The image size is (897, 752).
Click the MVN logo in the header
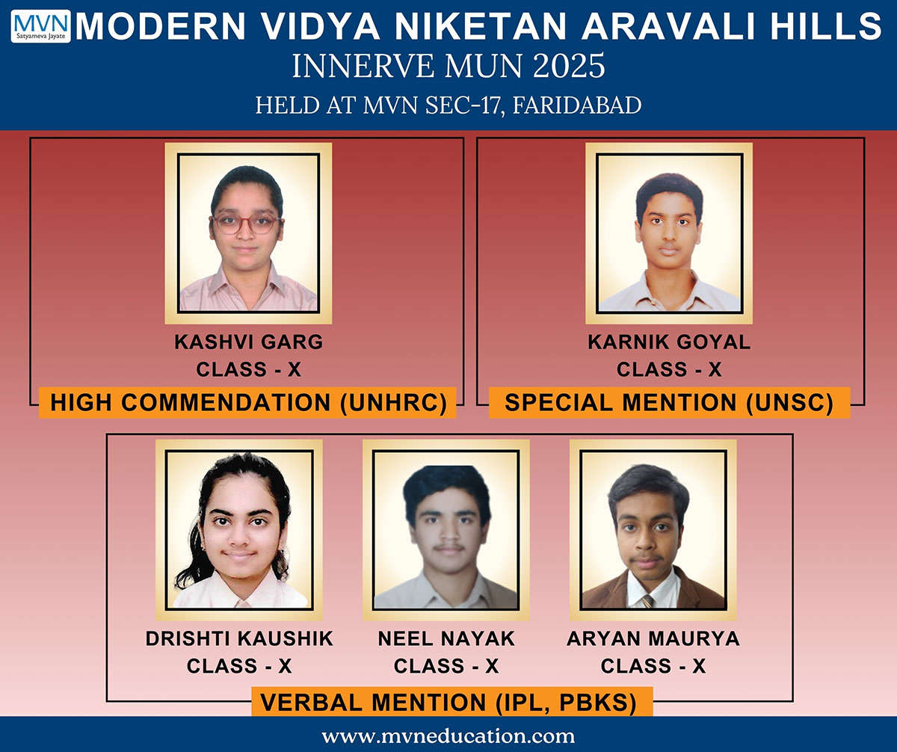coord(41,26)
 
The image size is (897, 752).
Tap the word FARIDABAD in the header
coord(577,105)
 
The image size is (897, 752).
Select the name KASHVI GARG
coord(248,342)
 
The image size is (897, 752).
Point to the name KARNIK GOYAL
coord(669,342)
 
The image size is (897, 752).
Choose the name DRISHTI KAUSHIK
coord(239,638)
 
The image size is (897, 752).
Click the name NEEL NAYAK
coord(446,638)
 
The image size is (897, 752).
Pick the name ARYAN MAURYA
coord(653,638)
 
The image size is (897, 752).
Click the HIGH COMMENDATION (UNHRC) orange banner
coord(247,403)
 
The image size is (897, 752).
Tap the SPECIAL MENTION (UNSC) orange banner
coord(669,403)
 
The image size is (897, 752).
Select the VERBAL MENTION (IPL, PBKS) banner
coord(452,702)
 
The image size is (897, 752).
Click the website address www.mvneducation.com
coord(448,736)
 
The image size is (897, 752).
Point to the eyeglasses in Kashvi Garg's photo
coord(247,224)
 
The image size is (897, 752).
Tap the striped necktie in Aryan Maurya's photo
coord(647,601)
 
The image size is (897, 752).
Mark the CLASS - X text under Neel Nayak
coord(446,666)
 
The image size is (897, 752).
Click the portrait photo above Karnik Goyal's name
coord(669,233)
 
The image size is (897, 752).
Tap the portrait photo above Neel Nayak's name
coord(446,530)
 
